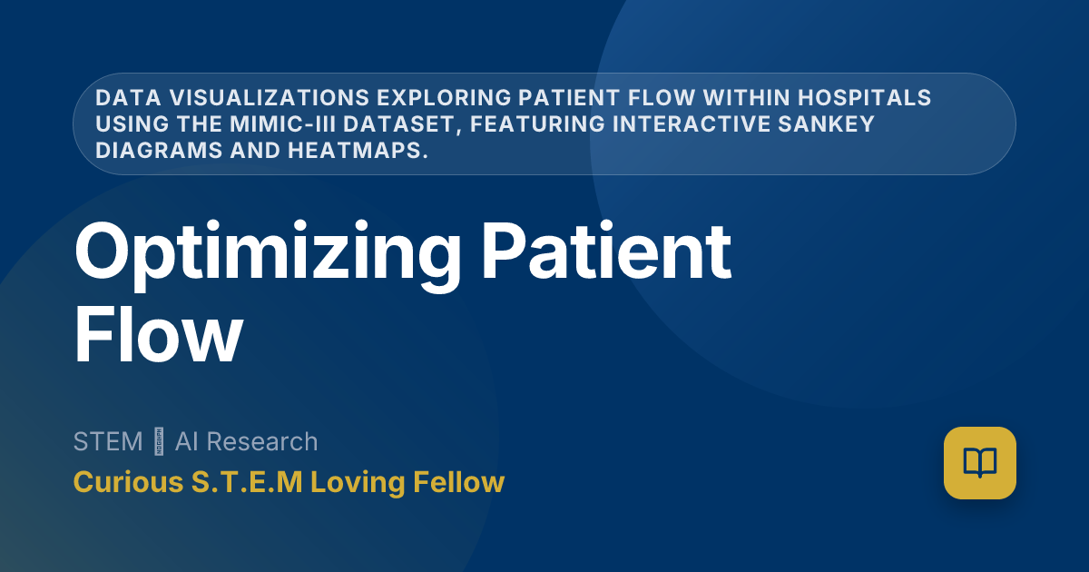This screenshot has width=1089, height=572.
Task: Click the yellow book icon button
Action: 979,463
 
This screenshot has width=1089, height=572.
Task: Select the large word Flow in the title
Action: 158,333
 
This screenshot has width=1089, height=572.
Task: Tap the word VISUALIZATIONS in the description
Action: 238,98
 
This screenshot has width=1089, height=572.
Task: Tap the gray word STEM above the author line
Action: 108,442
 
